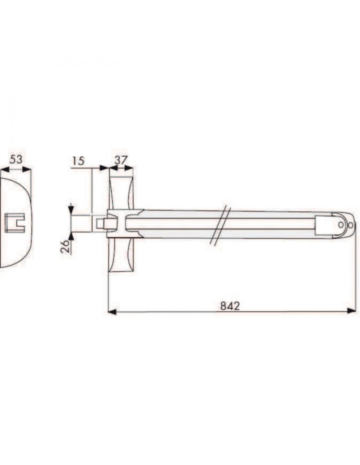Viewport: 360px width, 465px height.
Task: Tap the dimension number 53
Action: coord(16,159)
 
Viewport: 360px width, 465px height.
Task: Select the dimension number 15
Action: coord(79,161)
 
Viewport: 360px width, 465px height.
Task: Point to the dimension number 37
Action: coord(121,160)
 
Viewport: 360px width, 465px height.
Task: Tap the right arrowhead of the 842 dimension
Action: coord(351,311)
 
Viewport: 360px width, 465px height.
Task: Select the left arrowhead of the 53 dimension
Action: coord(5,169)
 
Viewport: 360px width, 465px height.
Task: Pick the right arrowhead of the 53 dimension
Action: coord(27,169)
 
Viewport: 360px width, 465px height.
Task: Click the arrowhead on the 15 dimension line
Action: coord(104,168)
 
